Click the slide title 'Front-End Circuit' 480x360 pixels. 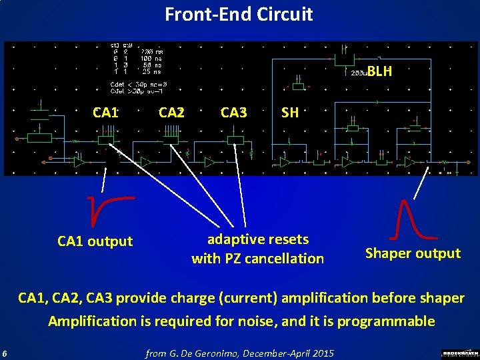[x=239, y=14]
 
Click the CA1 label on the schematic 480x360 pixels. [x=106, y=112]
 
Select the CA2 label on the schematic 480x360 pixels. [x=171, y=112]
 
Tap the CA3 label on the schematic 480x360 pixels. [x=233, y=112]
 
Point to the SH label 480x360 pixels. [x=290, y=112]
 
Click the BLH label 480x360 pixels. [x=379, y=71]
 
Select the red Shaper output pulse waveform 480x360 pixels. [x=413, y=220]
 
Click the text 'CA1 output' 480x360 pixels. [x=95, y=241]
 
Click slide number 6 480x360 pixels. [x=5, y=352]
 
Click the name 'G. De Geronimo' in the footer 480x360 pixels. [x=207, y=352]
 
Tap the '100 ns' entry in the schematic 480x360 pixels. [x=145, y=58]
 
